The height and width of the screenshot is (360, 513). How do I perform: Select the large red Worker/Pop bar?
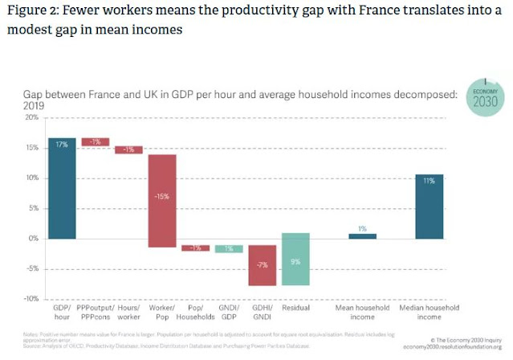162,200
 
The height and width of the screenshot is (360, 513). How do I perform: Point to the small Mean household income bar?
363,235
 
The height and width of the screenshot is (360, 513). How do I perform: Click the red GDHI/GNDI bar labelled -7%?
263,265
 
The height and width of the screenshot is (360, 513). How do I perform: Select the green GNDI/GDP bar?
229,248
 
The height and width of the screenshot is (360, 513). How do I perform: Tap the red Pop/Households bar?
195,247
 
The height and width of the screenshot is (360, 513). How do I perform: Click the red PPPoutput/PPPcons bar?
96,142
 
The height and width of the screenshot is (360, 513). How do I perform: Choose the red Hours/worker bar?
128,149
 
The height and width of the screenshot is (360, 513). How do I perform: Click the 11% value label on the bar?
430,182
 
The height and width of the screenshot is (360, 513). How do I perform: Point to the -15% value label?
162,197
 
